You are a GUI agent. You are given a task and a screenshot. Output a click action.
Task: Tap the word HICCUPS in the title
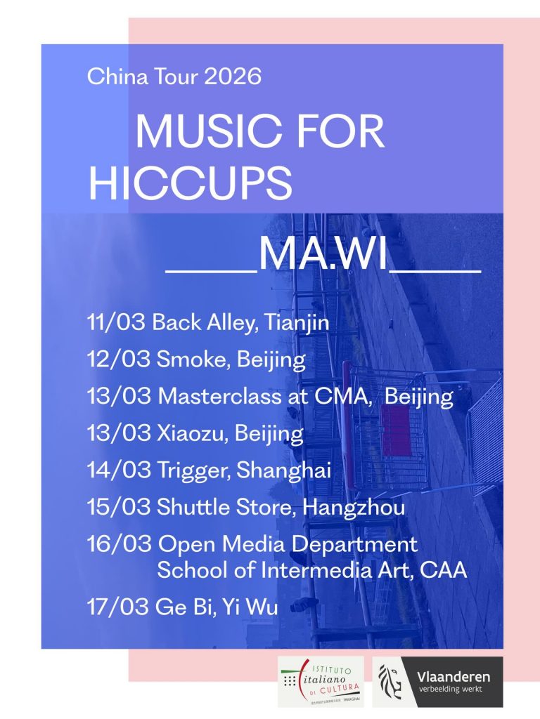coord(190,182)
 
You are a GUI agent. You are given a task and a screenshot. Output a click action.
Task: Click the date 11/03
coord(116,323)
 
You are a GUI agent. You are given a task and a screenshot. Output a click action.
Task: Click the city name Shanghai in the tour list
coord(284,470)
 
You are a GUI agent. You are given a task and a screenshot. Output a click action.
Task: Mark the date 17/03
coord(116,607)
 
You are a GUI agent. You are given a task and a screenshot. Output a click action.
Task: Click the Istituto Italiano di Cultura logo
coord(321,681)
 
